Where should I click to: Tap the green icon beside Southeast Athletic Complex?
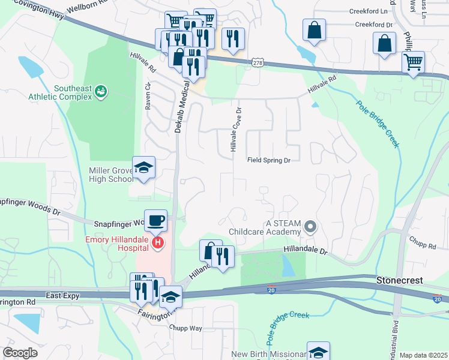click(101, 91)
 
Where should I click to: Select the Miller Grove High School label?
click(111, 175)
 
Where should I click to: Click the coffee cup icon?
click(155, 220)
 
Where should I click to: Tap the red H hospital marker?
click(158, 242)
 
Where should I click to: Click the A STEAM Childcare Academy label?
click(264, 227)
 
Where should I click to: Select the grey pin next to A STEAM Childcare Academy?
click(310, 227)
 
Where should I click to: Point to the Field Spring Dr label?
click(269, 160)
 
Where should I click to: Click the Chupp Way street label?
click(186, 328)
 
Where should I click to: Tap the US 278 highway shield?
click(258, 62)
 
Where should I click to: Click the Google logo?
click(20, 353)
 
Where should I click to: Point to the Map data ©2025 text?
click(423, 355)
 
